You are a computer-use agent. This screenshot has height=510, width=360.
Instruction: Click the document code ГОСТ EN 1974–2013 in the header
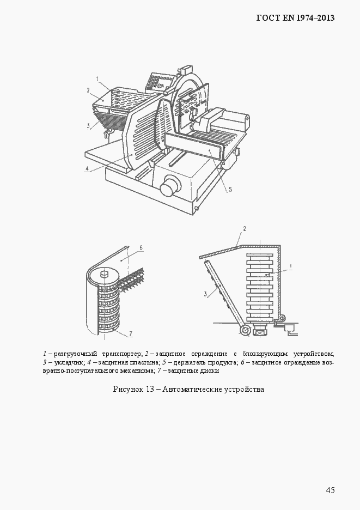[295, 18]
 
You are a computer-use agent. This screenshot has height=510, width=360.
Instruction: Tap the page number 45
[330, 490]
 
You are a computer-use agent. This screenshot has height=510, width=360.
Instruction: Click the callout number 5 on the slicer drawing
[230, 189]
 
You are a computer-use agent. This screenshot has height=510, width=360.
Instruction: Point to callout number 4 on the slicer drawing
[87, 169]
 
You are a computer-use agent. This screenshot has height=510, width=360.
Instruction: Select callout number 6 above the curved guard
[141, 247]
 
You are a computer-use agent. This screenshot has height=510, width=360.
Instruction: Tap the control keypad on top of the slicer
[157, 82]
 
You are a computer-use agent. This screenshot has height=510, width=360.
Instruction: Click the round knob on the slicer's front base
[170, 186]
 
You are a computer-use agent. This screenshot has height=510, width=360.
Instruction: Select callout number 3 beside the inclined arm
[206, 294]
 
